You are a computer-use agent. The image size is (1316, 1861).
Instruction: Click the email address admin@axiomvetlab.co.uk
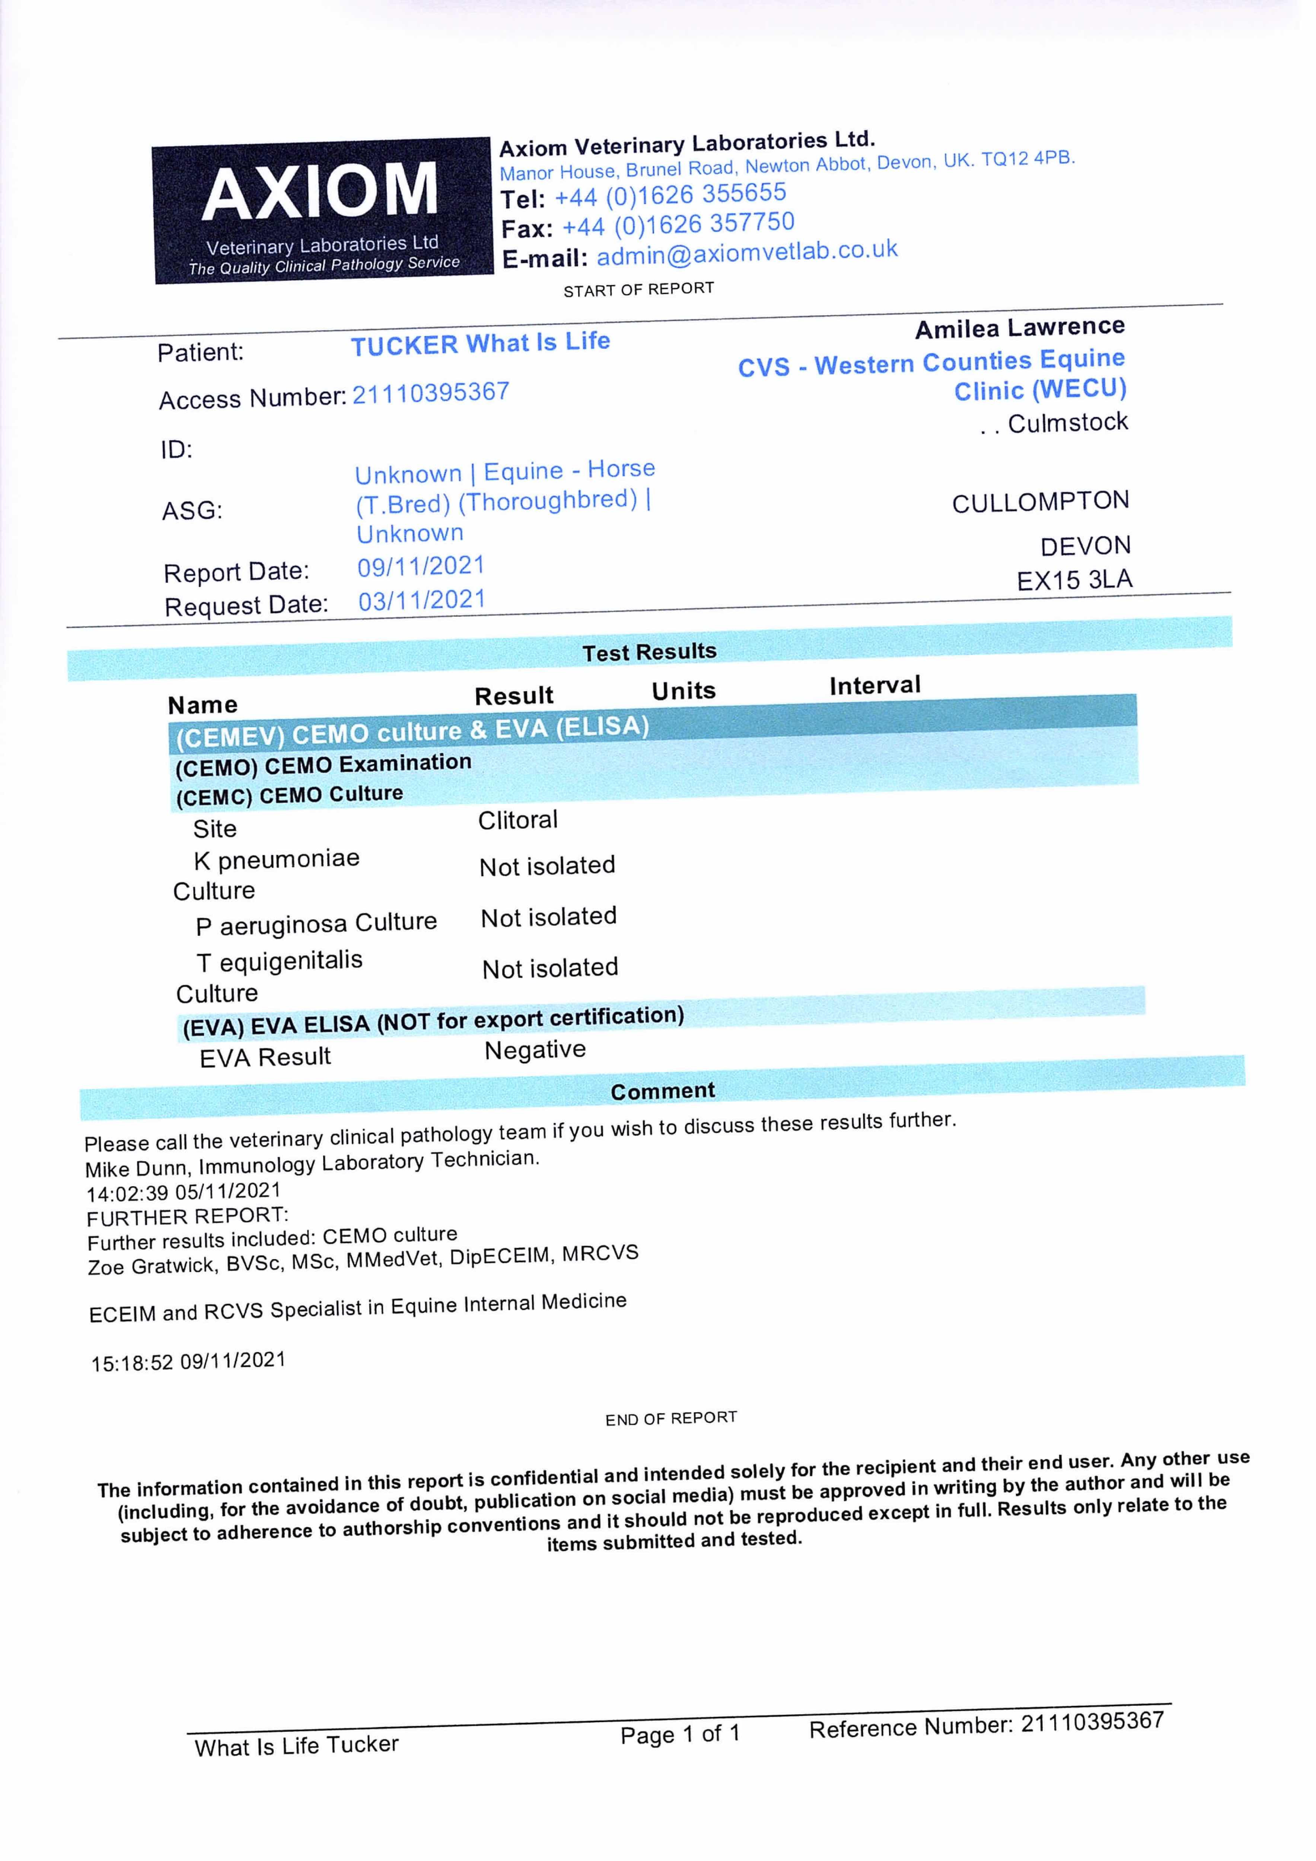[x=747, y=252]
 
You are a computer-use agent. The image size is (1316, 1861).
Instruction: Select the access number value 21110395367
[x=431, y=392]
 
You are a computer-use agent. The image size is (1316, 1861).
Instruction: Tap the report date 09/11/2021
[x=421, y=566]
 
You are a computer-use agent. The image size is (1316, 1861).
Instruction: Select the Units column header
[x=684, y=690]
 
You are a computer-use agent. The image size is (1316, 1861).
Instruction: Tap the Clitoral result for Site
[x=517, y=820]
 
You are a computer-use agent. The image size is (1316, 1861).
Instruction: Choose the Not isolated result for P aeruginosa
[x=548, y=917]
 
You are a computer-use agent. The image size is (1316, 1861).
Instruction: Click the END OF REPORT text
[x=670, y=1418]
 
